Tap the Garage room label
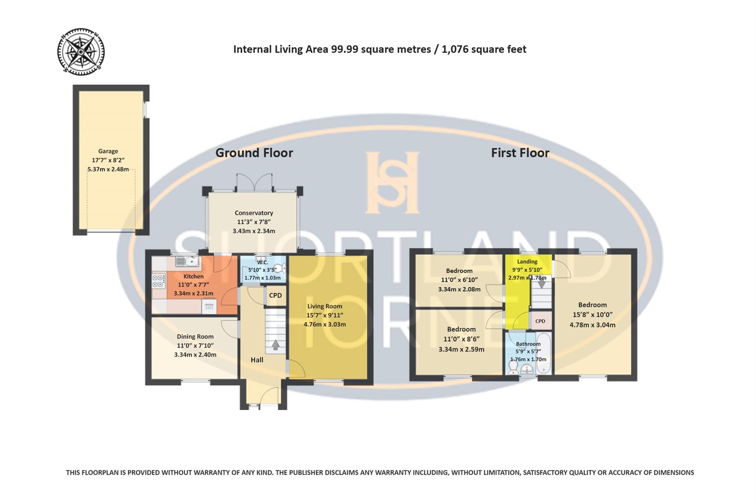pos(108,151)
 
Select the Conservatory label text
pos(253,213)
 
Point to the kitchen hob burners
pos(159,280)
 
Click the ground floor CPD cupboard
pos(275,295)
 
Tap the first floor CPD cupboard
pos(540,321)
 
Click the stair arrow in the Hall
pos(275,345)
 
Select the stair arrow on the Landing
pos(541,283)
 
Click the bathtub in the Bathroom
pos(544,353)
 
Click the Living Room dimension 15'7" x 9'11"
pos(325,315)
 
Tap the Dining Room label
pos(195,336)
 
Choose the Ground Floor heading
pos(254,153)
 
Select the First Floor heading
pos(520,153)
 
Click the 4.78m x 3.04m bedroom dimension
pos(592,325)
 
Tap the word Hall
pos(257,360)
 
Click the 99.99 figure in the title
pos(345,49)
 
